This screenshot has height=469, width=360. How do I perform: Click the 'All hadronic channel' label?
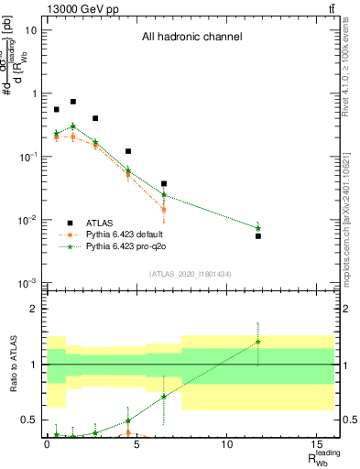[191, 38]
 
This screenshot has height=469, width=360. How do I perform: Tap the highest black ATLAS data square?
[73, 102]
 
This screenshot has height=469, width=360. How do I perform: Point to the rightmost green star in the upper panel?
[258, 228]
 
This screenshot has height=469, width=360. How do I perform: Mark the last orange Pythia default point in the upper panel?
[164, 210]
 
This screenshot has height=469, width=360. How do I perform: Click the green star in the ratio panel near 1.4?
[258, 342]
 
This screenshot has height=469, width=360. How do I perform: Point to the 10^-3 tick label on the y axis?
[27, 283]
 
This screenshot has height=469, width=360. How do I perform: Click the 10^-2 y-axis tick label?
[27, 220]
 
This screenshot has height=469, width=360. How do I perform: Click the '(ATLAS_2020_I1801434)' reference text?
[191, 273]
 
